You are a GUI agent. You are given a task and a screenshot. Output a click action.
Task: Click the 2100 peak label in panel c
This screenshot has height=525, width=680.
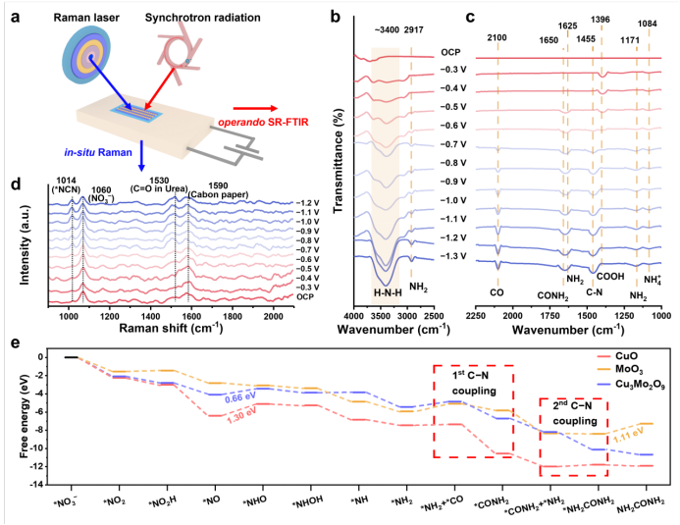498,36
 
